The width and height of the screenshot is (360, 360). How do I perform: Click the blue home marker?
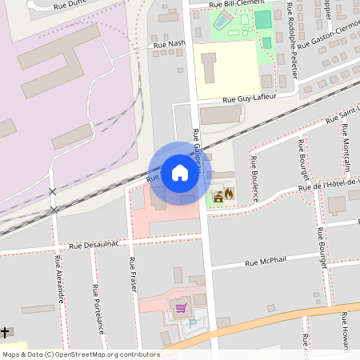click(179, 173)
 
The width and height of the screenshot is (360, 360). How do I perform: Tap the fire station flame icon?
click(229, 194)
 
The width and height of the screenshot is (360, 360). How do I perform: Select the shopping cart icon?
click(181, 306)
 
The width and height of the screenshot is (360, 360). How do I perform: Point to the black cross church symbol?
click(5, 332)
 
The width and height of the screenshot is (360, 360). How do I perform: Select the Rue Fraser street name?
click(132, 272)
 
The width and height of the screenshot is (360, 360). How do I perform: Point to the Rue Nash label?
click(170, 46)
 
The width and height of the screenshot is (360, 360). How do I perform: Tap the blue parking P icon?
click(192, 322)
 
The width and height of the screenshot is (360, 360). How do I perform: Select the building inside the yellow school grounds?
click(209, 68)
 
